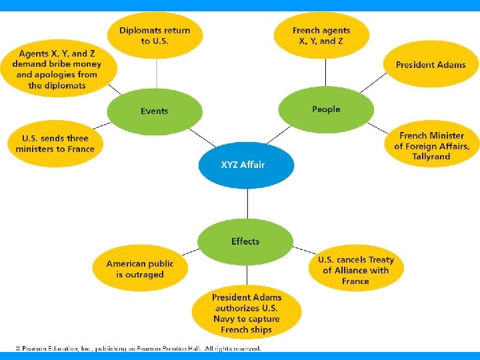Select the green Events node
[155, 111]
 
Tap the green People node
[325, 109]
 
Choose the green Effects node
[245, 241]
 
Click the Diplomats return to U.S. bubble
[155, 35]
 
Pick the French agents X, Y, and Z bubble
[321, 35]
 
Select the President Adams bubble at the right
[431, 65]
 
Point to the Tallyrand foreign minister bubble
[431, 146]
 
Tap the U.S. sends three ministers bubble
[55, 144]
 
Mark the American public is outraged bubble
[139, 269]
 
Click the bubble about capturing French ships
[247, 313]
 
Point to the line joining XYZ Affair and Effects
[247, 203]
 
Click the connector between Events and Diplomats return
[156, 73]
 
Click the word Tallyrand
[431, 157]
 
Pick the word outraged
[145, 275]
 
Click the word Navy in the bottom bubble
[226, 319]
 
